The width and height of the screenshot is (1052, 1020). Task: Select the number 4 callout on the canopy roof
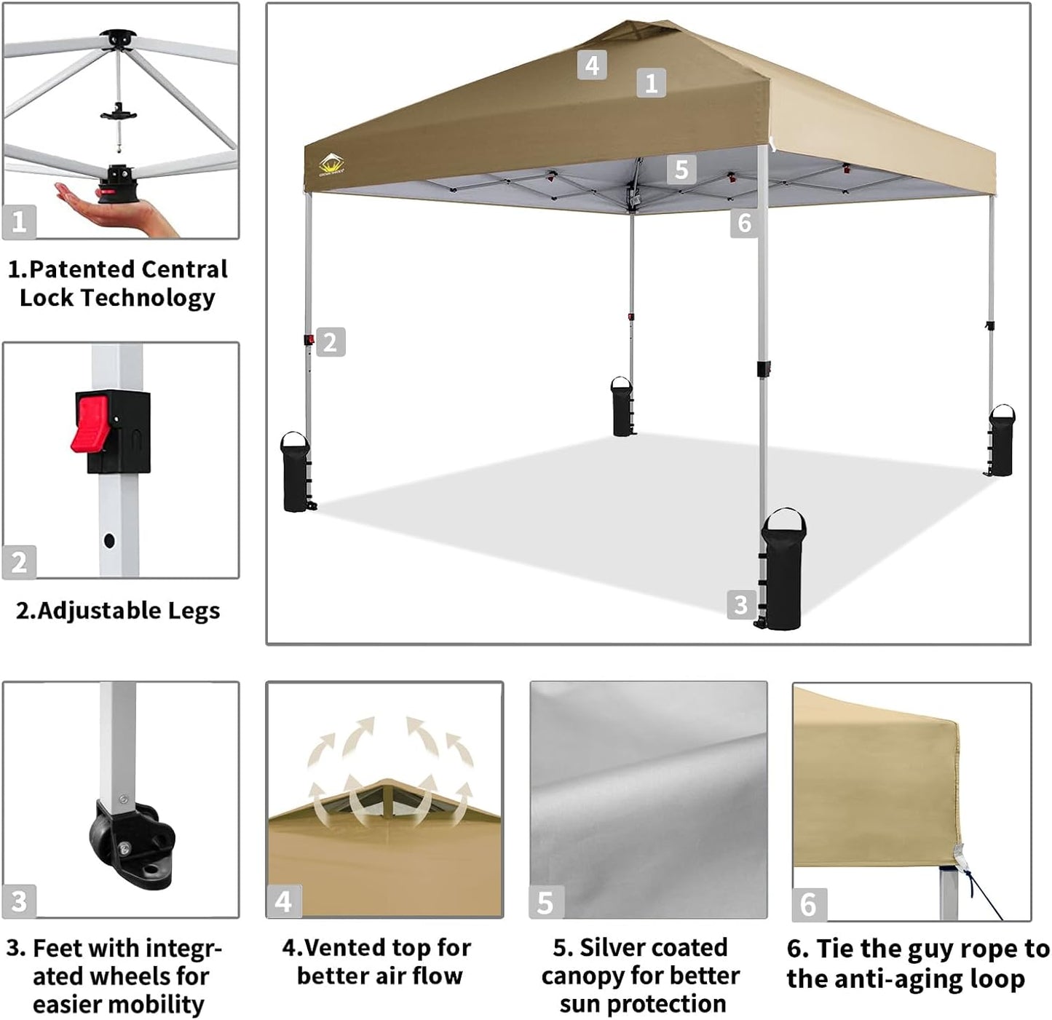pos(592,65)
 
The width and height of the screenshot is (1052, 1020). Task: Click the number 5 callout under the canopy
pos(681,169)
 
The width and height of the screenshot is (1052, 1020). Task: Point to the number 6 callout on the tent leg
pos(744,222)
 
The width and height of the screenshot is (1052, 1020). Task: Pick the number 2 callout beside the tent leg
pos(330,341)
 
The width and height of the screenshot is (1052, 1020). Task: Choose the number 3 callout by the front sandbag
pos(740,604)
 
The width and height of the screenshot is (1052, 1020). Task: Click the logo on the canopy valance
pos(332,165)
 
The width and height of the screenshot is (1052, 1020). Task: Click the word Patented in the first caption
pos(79,269)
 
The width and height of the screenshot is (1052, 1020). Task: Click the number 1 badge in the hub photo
pos(19,221)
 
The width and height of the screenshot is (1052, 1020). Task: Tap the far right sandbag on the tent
pos(1002,440)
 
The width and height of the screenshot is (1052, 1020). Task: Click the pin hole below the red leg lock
pos(109,541)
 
